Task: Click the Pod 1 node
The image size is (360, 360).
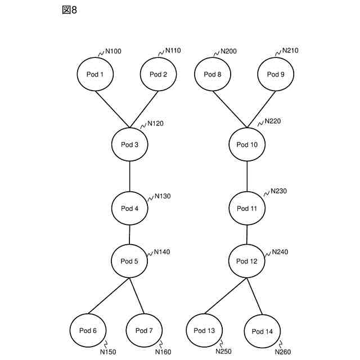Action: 94,74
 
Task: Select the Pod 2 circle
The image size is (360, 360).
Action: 158,74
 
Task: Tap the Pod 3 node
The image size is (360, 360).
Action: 130,145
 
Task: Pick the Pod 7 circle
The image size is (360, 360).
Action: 144,330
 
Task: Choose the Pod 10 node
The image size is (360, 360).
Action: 247,145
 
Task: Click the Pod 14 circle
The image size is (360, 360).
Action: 262,331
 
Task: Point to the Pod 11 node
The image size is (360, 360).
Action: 247,208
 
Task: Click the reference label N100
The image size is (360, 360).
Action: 113,52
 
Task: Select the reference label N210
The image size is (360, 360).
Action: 290,51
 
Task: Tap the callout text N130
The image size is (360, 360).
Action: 163,196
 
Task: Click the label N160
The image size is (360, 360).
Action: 163,352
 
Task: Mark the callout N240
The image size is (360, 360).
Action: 280,252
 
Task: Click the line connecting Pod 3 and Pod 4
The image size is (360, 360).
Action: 130,176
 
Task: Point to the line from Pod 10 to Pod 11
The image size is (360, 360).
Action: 247,176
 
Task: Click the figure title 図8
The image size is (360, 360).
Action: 69,11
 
